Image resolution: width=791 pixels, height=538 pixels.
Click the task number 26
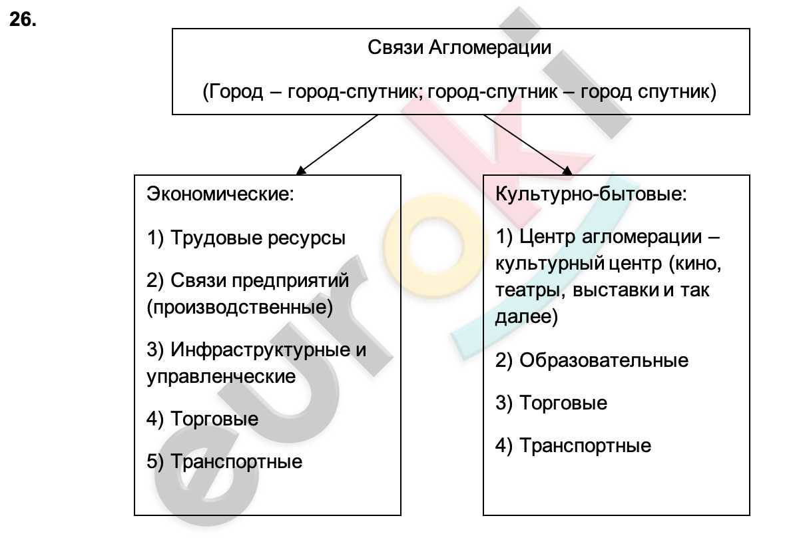(23, 20)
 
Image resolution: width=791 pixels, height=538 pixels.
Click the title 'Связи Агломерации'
(459, 47)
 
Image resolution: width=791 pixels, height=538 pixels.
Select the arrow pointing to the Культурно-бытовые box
(528, 145)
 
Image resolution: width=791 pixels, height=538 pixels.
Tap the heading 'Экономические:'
(220, 194)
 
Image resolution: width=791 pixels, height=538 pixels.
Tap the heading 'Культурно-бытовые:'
(591, 194)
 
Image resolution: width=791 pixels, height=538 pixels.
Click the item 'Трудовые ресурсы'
(258, 238)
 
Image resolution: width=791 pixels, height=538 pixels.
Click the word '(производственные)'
(240, 307)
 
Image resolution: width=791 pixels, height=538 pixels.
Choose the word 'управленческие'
(221, 376)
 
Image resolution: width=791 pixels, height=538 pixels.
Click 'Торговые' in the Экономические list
(214, 419)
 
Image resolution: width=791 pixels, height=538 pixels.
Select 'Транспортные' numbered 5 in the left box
(236, 461)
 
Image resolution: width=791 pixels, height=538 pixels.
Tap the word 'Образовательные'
(604, 360)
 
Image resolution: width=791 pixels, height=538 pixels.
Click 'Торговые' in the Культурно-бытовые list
(563, 403)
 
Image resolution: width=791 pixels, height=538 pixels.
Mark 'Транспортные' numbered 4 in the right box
(585, 445)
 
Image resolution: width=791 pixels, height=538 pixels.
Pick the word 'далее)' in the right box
(527, 317)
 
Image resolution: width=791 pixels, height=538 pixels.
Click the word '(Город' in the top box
(232, 92)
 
